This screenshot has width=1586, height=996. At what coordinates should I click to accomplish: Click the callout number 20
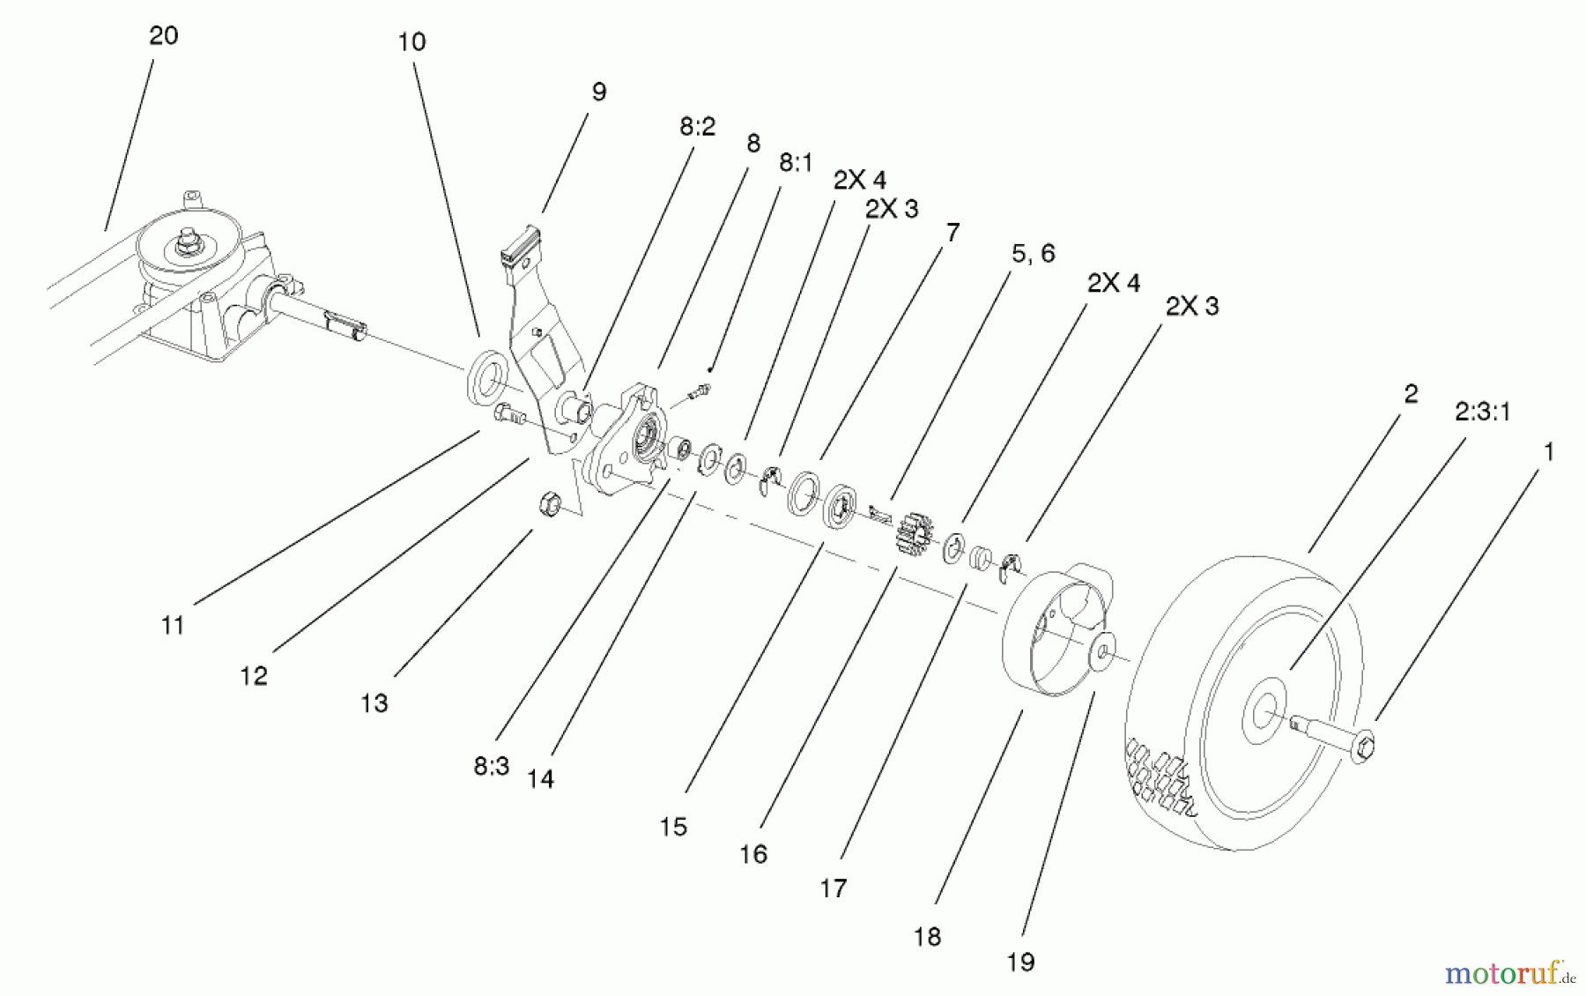coord(164,35)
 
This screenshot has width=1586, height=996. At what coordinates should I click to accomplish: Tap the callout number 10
coord(411,41)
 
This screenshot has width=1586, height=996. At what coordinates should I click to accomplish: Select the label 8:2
coord(697,126)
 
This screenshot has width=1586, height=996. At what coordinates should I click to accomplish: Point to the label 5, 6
coord(1033,254)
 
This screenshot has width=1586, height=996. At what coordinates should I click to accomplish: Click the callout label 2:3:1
coord(1482,412)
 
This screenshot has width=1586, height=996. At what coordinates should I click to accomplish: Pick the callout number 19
coord(1020,962)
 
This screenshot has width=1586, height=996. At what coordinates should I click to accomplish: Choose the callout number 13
coord(374,703)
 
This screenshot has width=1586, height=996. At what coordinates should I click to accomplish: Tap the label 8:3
coord(491,766)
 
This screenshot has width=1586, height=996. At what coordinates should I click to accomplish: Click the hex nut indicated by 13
coord(549,503)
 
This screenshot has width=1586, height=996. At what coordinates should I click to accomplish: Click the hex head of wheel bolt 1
coord(1361,747)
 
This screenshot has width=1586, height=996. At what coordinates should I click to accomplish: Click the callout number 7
coord(952,232)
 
